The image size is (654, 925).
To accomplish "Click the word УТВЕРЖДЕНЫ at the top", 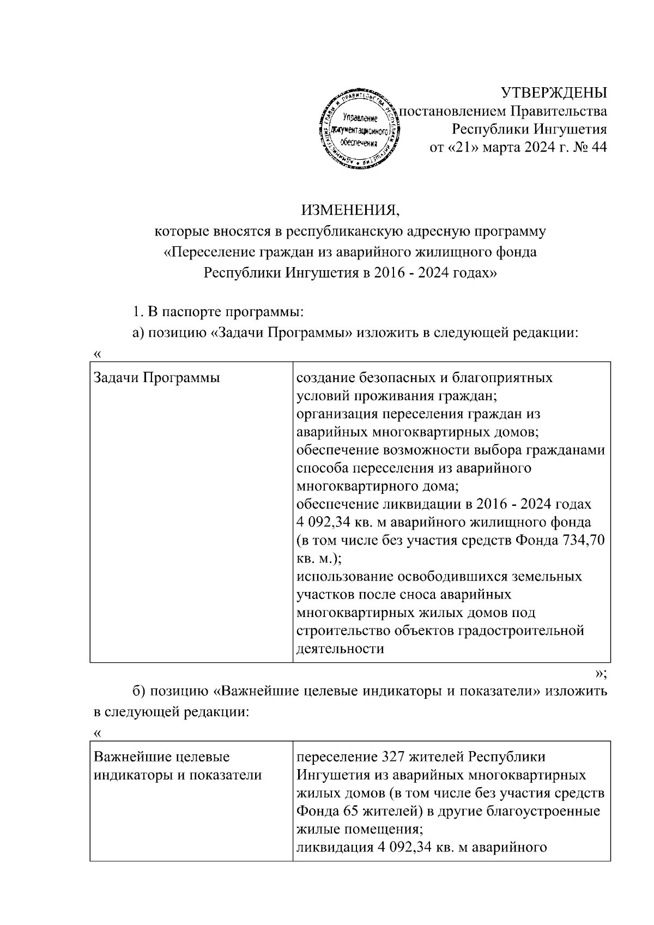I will (x=553, y=93).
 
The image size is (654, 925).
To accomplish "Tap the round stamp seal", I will (x=359, y=130).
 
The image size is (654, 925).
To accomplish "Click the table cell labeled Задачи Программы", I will (x=157, y=378).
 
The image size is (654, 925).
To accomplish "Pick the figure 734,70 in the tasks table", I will (x=584, y=540).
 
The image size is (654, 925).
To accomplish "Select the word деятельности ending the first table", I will (x=340, y=649).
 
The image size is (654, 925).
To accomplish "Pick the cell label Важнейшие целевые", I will (x=162, y=757).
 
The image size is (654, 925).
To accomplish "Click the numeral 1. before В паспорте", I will (x=137, y=313).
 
